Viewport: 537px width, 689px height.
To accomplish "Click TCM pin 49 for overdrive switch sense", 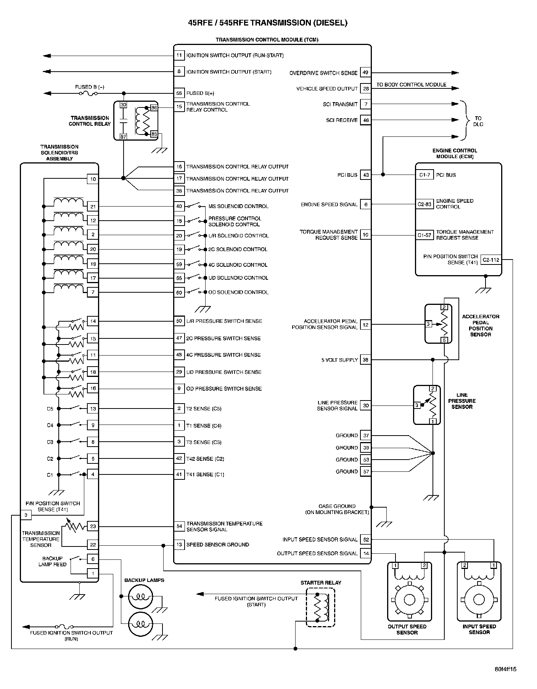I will (365, 72).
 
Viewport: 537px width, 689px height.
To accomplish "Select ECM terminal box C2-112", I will (490, 260).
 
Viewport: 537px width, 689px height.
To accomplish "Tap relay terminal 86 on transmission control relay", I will (154, 108).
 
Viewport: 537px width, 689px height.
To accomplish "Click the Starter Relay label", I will (321, 583).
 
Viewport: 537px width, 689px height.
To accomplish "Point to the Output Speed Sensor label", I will (407, 629).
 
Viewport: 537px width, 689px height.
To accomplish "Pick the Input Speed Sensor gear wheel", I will (479, 600).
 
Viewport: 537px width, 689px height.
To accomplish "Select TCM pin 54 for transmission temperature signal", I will (179, 526).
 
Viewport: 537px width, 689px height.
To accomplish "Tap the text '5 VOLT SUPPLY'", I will (339, 360).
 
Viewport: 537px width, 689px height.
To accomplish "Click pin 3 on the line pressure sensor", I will (417, 405).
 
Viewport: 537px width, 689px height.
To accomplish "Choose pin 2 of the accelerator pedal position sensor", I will (444, 307).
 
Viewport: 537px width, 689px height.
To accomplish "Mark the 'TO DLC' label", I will (478, 121).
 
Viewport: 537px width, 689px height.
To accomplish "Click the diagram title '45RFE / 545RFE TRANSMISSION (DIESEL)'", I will (268, 23).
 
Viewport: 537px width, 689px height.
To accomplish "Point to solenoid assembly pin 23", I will (93, 526).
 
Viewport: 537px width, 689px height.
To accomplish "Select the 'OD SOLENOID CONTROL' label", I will (238, 292).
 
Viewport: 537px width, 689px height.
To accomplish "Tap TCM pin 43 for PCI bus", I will (366, 175).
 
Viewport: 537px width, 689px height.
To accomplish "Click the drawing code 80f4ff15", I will (505, 669).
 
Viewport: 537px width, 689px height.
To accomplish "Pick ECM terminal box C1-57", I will (424, 235).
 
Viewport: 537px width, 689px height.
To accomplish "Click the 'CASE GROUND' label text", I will (337, 506).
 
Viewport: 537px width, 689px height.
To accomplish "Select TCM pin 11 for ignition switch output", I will (179, 55).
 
